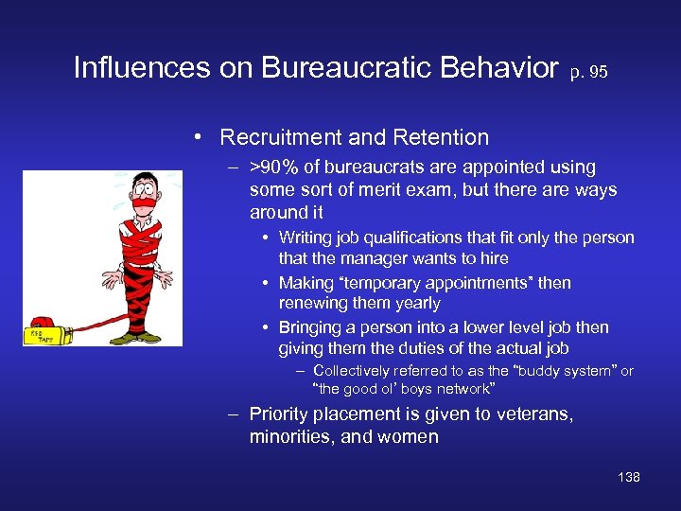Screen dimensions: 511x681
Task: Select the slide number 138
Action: tap(628, 477)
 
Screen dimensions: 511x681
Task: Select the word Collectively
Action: tap(356, 371)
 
